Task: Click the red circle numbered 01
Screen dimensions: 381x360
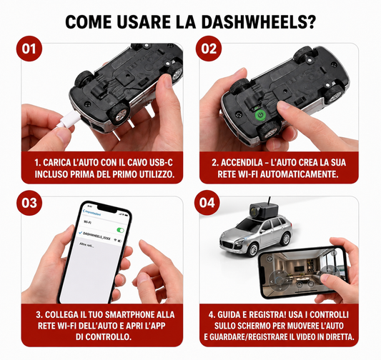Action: point(29,49)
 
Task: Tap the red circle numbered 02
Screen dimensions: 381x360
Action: point(209,49)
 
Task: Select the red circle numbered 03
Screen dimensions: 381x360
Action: point(29,203)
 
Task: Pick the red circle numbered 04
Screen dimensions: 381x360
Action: point(207,203)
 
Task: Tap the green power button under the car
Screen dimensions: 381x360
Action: point(261,115)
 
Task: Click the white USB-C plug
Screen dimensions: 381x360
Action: point(66,120)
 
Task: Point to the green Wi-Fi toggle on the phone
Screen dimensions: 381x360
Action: point(121,230)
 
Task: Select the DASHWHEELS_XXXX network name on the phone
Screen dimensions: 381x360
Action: point(97,236)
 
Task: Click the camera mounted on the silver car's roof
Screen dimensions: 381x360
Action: point(264,211)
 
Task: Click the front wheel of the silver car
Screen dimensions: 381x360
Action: point(253,249)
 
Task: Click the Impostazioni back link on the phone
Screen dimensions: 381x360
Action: point(92,213)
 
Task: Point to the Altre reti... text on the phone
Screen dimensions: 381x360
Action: point(86,245)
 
